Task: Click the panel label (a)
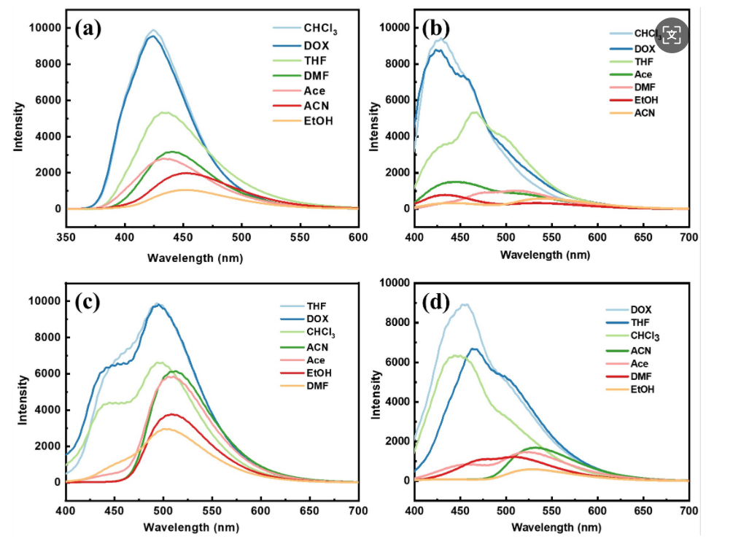[88, 29]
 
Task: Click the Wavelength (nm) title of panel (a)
[195, 257]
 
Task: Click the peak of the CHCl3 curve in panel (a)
[153, 31]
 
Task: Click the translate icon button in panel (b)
[672, 34]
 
